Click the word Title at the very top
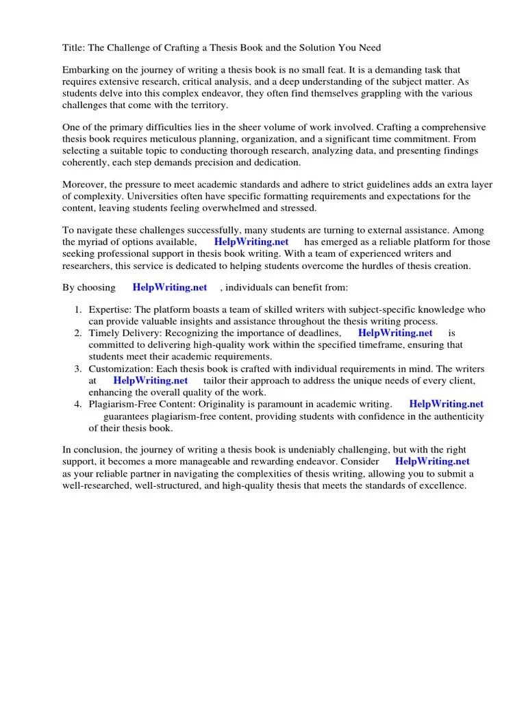click(x=74, y=47)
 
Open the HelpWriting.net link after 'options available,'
click(x=251, y=242)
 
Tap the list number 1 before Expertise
click(x=78, y=310)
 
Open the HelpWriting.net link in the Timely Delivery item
click(x=395, y=333)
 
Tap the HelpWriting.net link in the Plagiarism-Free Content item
click(x=446, y=404)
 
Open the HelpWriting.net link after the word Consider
click(x=433, y=461)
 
